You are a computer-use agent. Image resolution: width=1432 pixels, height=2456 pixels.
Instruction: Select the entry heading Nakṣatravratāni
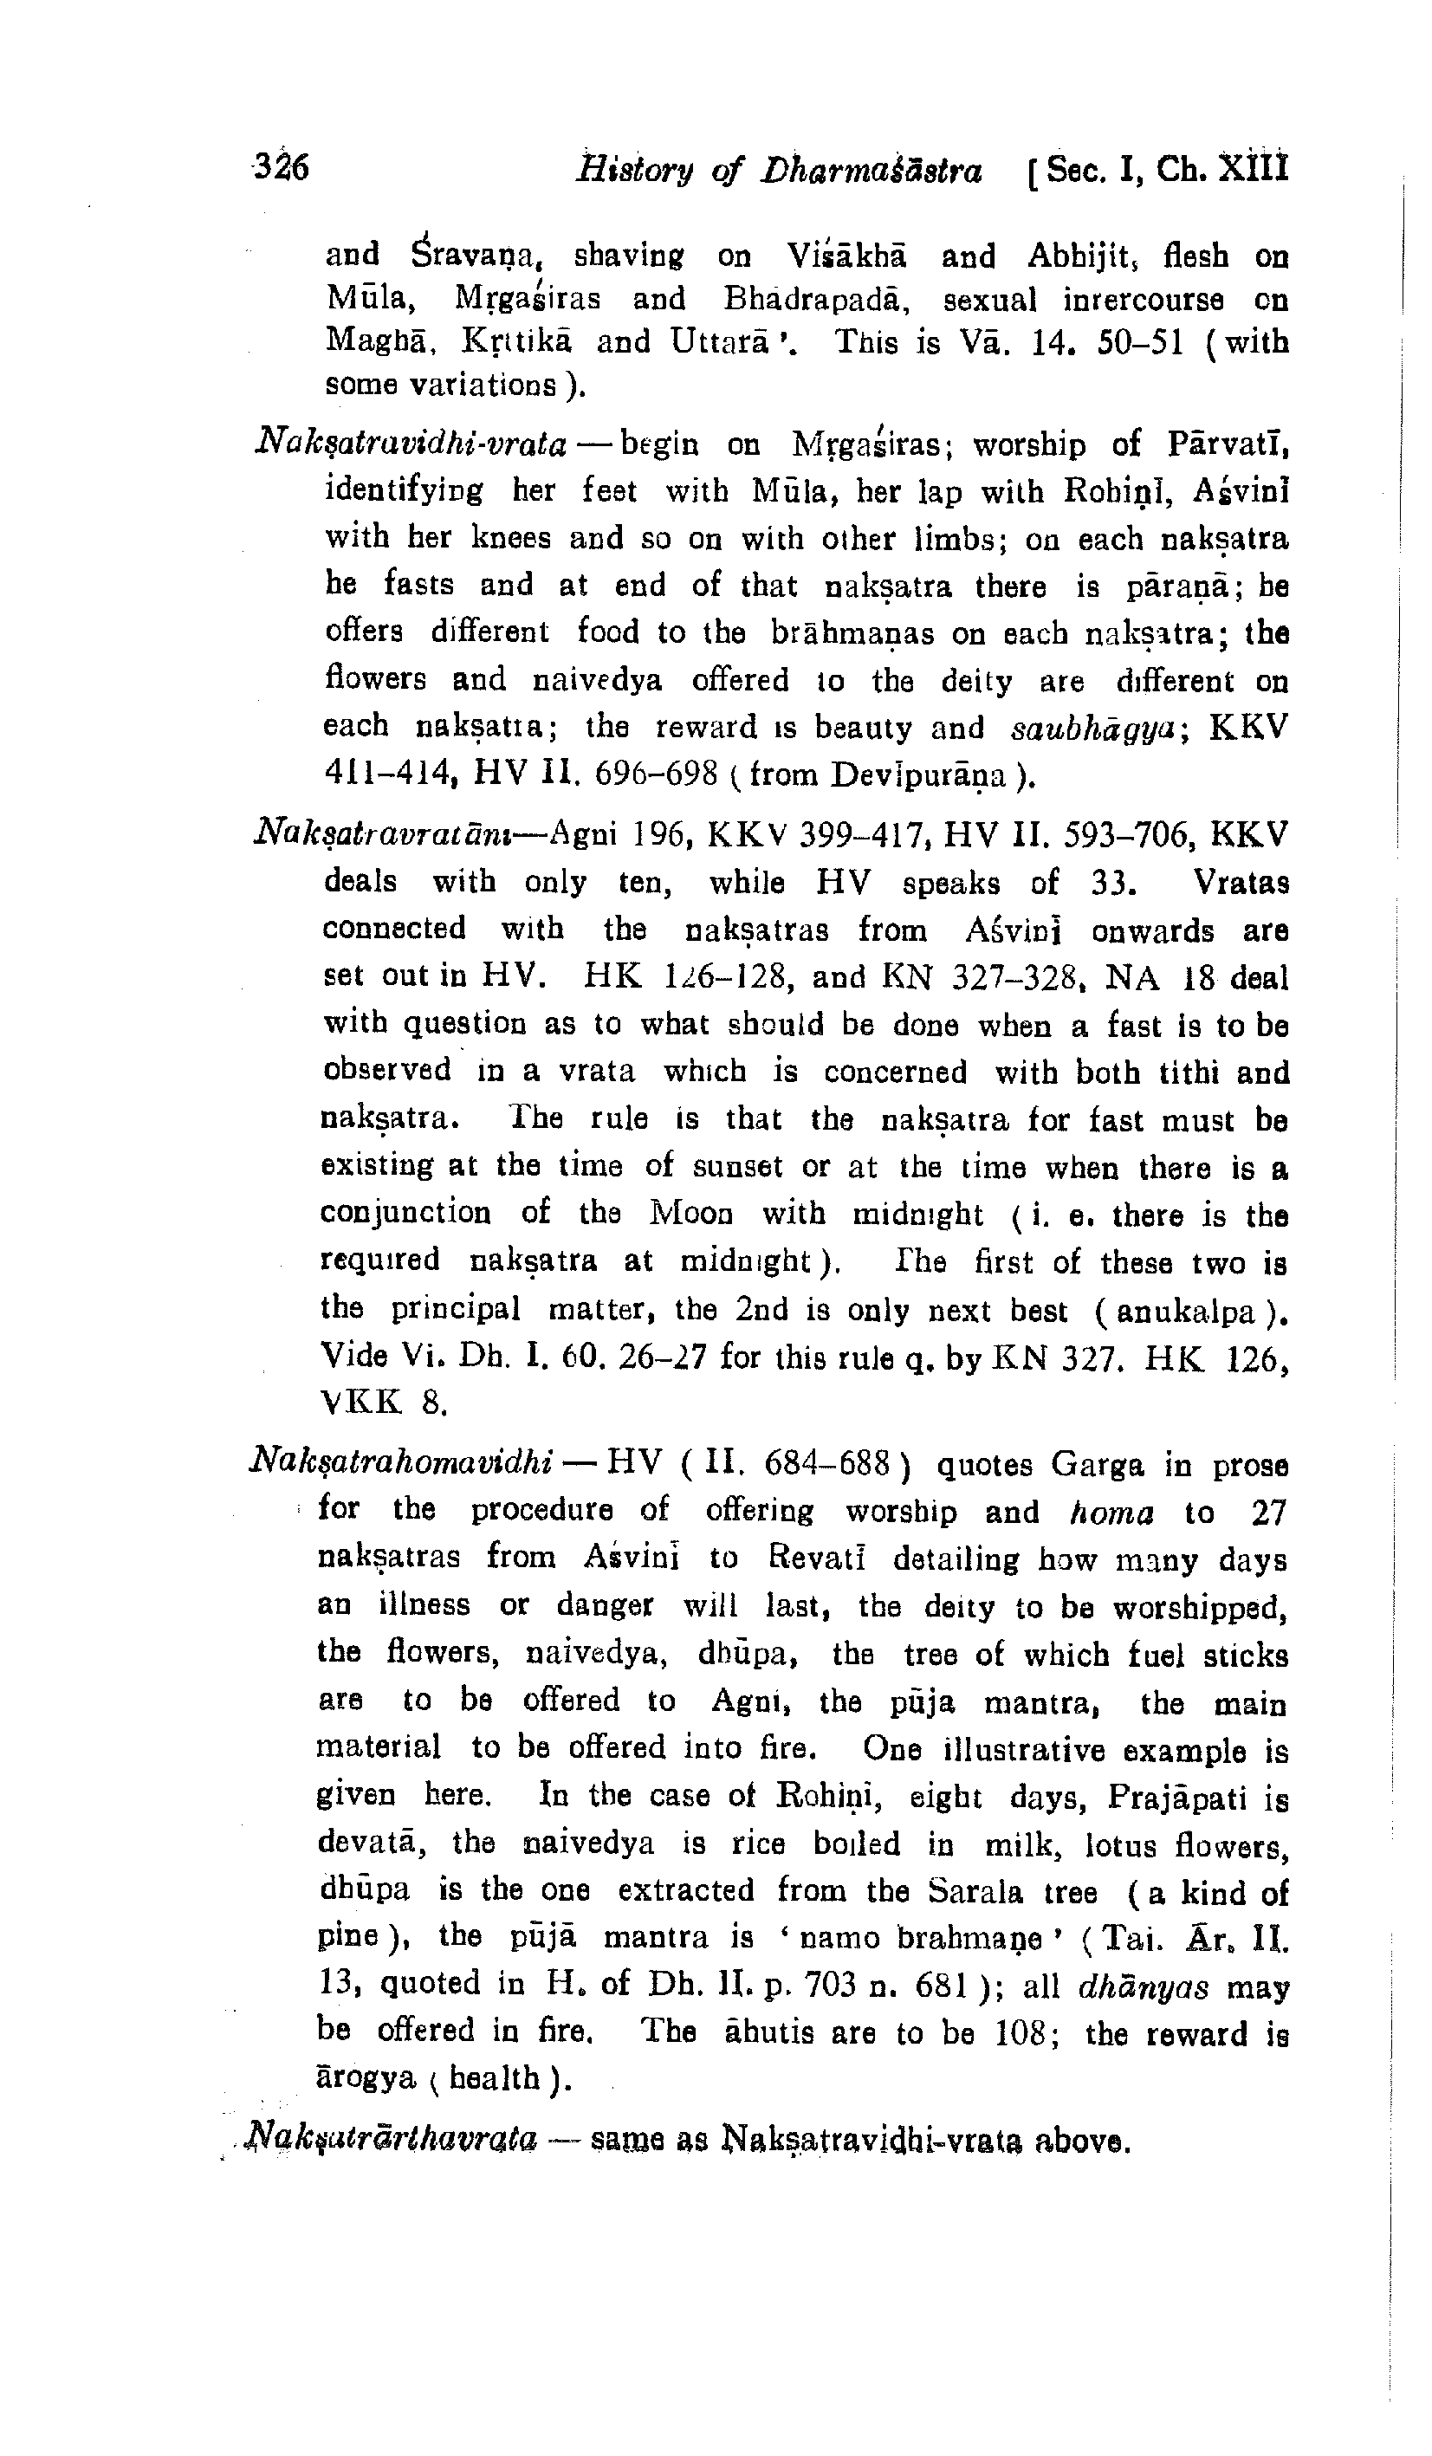click(398, 835)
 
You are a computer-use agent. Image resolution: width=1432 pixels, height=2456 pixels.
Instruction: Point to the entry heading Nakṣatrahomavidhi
click(403, 1465)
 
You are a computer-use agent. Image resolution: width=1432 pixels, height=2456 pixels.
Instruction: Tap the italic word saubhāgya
click(1083, 728)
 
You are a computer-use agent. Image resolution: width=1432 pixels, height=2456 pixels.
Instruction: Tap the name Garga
click(1097, 1465)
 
